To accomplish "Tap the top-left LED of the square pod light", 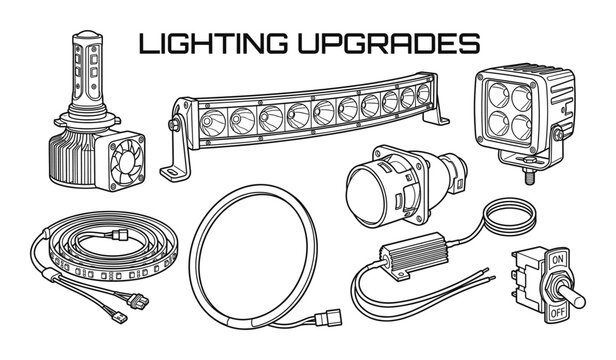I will (x=501, y=94).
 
